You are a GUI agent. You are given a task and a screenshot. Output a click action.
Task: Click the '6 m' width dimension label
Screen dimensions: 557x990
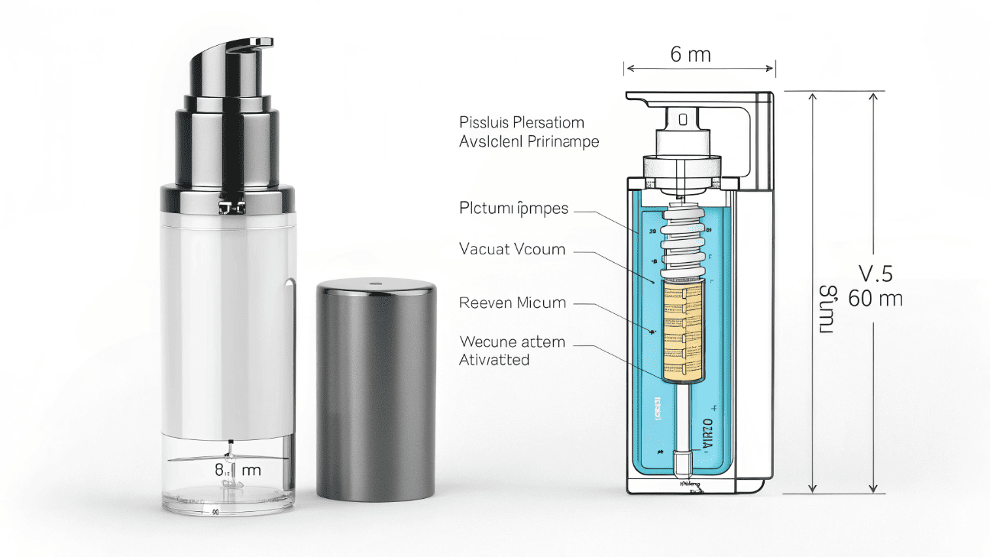pyautogui.click(x=690, y=54)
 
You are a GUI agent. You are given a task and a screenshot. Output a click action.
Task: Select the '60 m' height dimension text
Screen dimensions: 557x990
pyautogui.click(x=875, y=299)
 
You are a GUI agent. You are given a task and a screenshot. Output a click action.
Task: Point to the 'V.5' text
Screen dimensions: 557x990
pyautogui.click(x=875, y=273)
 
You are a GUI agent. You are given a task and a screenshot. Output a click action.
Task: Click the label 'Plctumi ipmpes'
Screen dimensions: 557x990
pyautogui.click(x=513, y=208)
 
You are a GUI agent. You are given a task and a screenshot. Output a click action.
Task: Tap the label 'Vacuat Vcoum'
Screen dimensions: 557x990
pyautogui.click(x=512, y=248)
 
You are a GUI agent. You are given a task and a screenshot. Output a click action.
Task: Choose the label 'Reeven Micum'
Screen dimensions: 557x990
pyautogui.click(x=513, y=303)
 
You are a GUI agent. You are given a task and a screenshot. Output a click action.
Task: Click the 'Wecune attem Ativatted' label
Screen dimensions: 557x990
pyautogui.click(x=511, y=350)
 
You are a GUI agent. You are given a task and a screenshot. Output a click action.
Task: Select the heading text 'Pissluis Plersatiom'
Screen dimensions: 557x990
pyautogui.click(x=522, y=122)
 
